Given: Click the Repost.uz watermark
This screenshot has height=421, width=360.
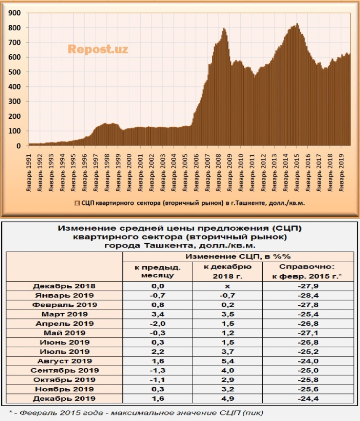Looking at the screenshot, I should (98, 49).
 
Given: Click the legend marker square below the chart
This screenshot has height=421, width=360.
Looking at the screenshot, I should (77, 203).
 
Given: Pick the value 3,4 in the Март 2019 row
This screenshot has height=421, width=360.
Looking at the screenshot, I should (157, 314).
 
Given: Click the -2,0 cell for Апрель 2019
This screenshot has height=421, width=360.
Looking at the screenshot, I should (157, 323).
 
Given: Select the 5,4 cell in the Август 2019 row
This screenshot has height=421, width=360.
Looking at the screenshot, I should (227, 361).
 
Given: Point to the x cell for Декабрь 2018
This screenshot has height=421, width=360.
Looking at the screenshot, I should (227, 286).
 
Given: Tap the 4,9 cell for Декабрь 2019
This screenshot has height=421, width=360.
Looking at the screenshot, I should (227, 398).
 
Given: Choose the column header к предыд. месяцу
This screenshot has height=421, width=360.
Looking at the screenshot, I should (157, 271).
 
